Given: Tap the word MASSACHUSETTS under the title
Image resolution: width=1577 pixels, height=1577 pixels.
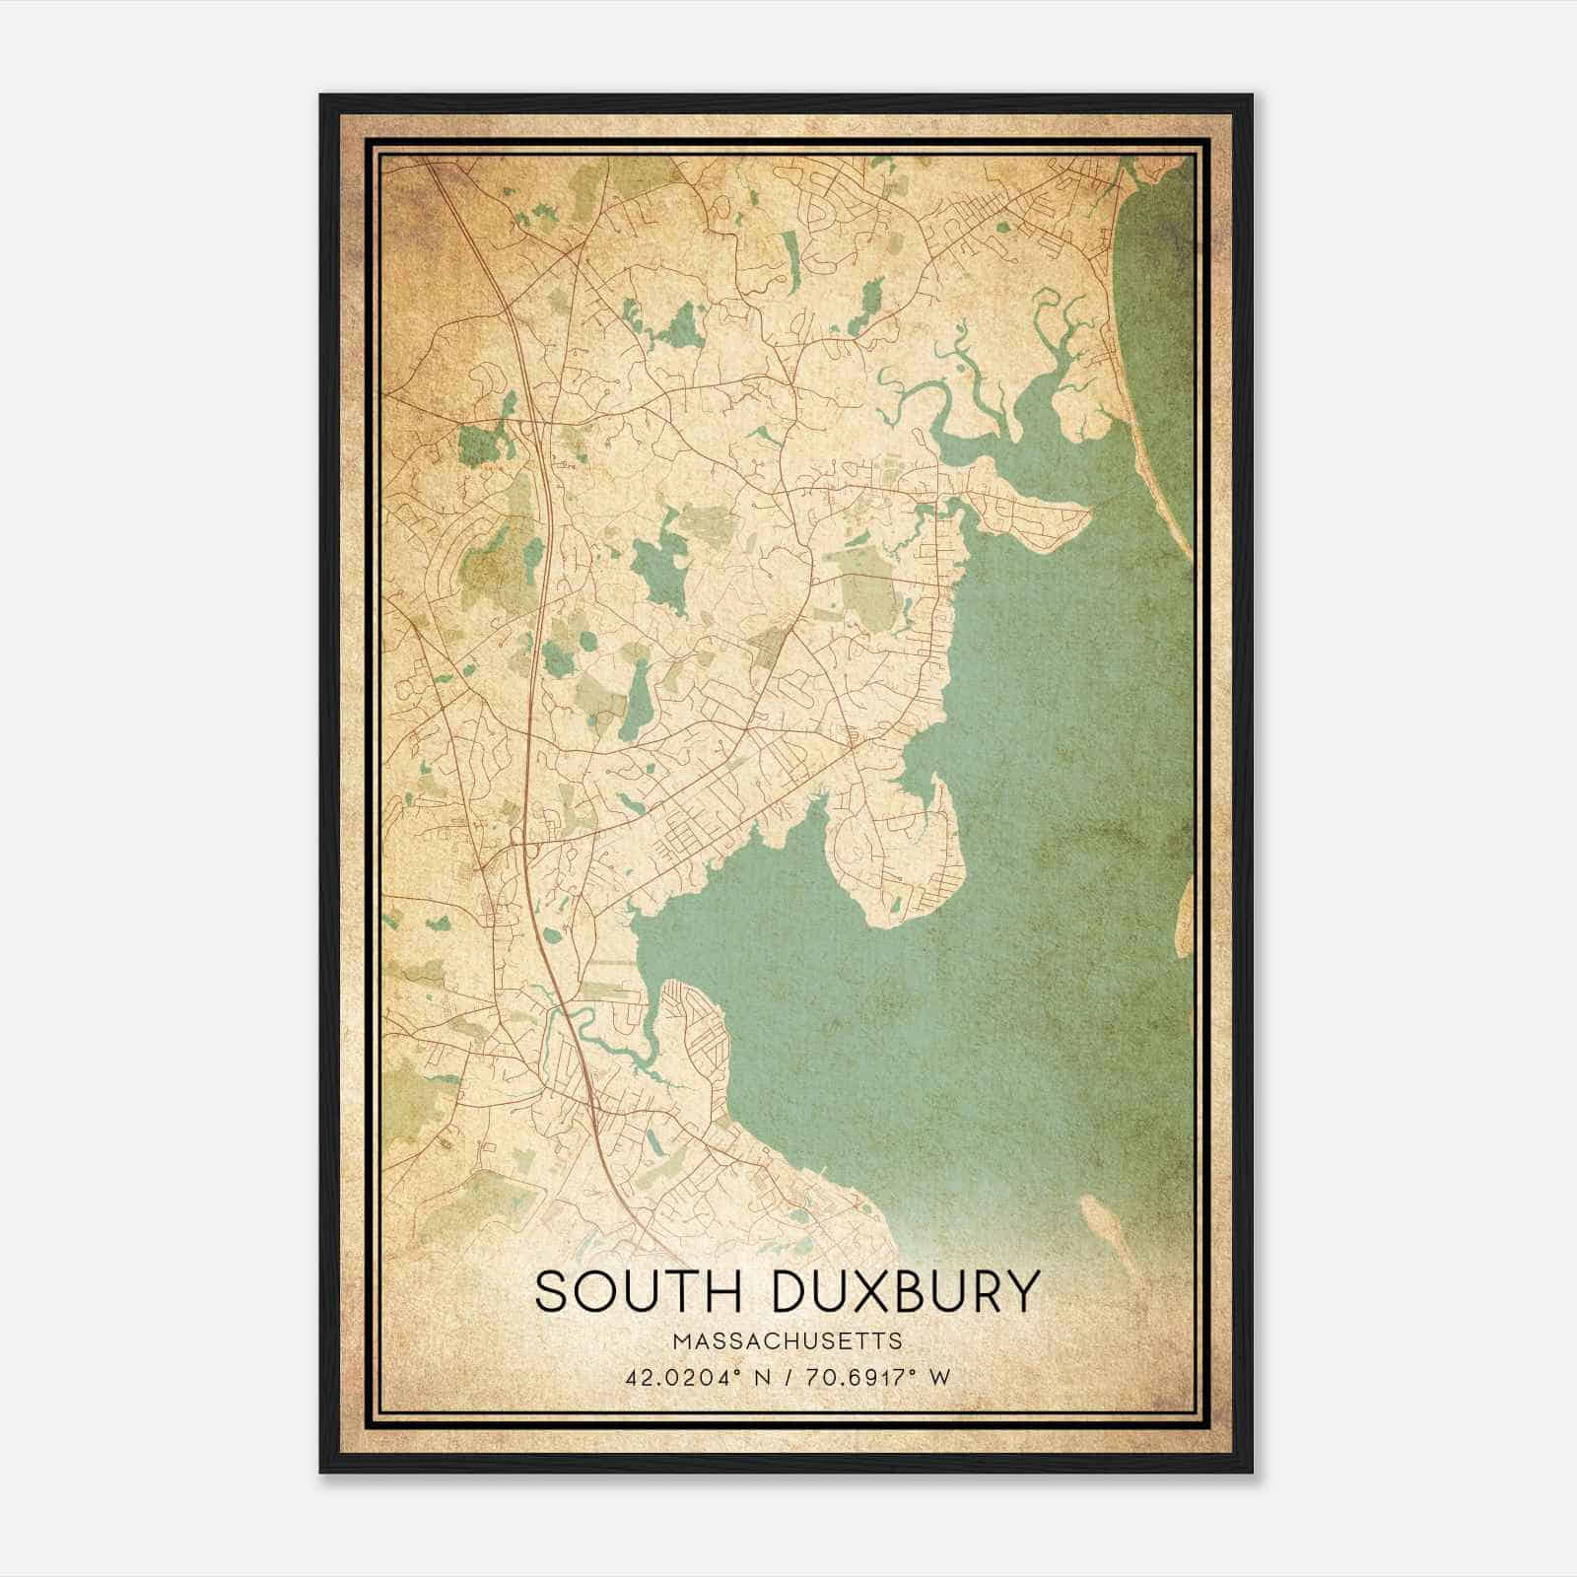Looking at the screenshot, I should coord(788,1340).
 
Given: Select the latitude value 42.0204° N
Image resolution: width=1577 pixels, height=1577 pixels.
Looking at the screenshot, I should coord(696,1377).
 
